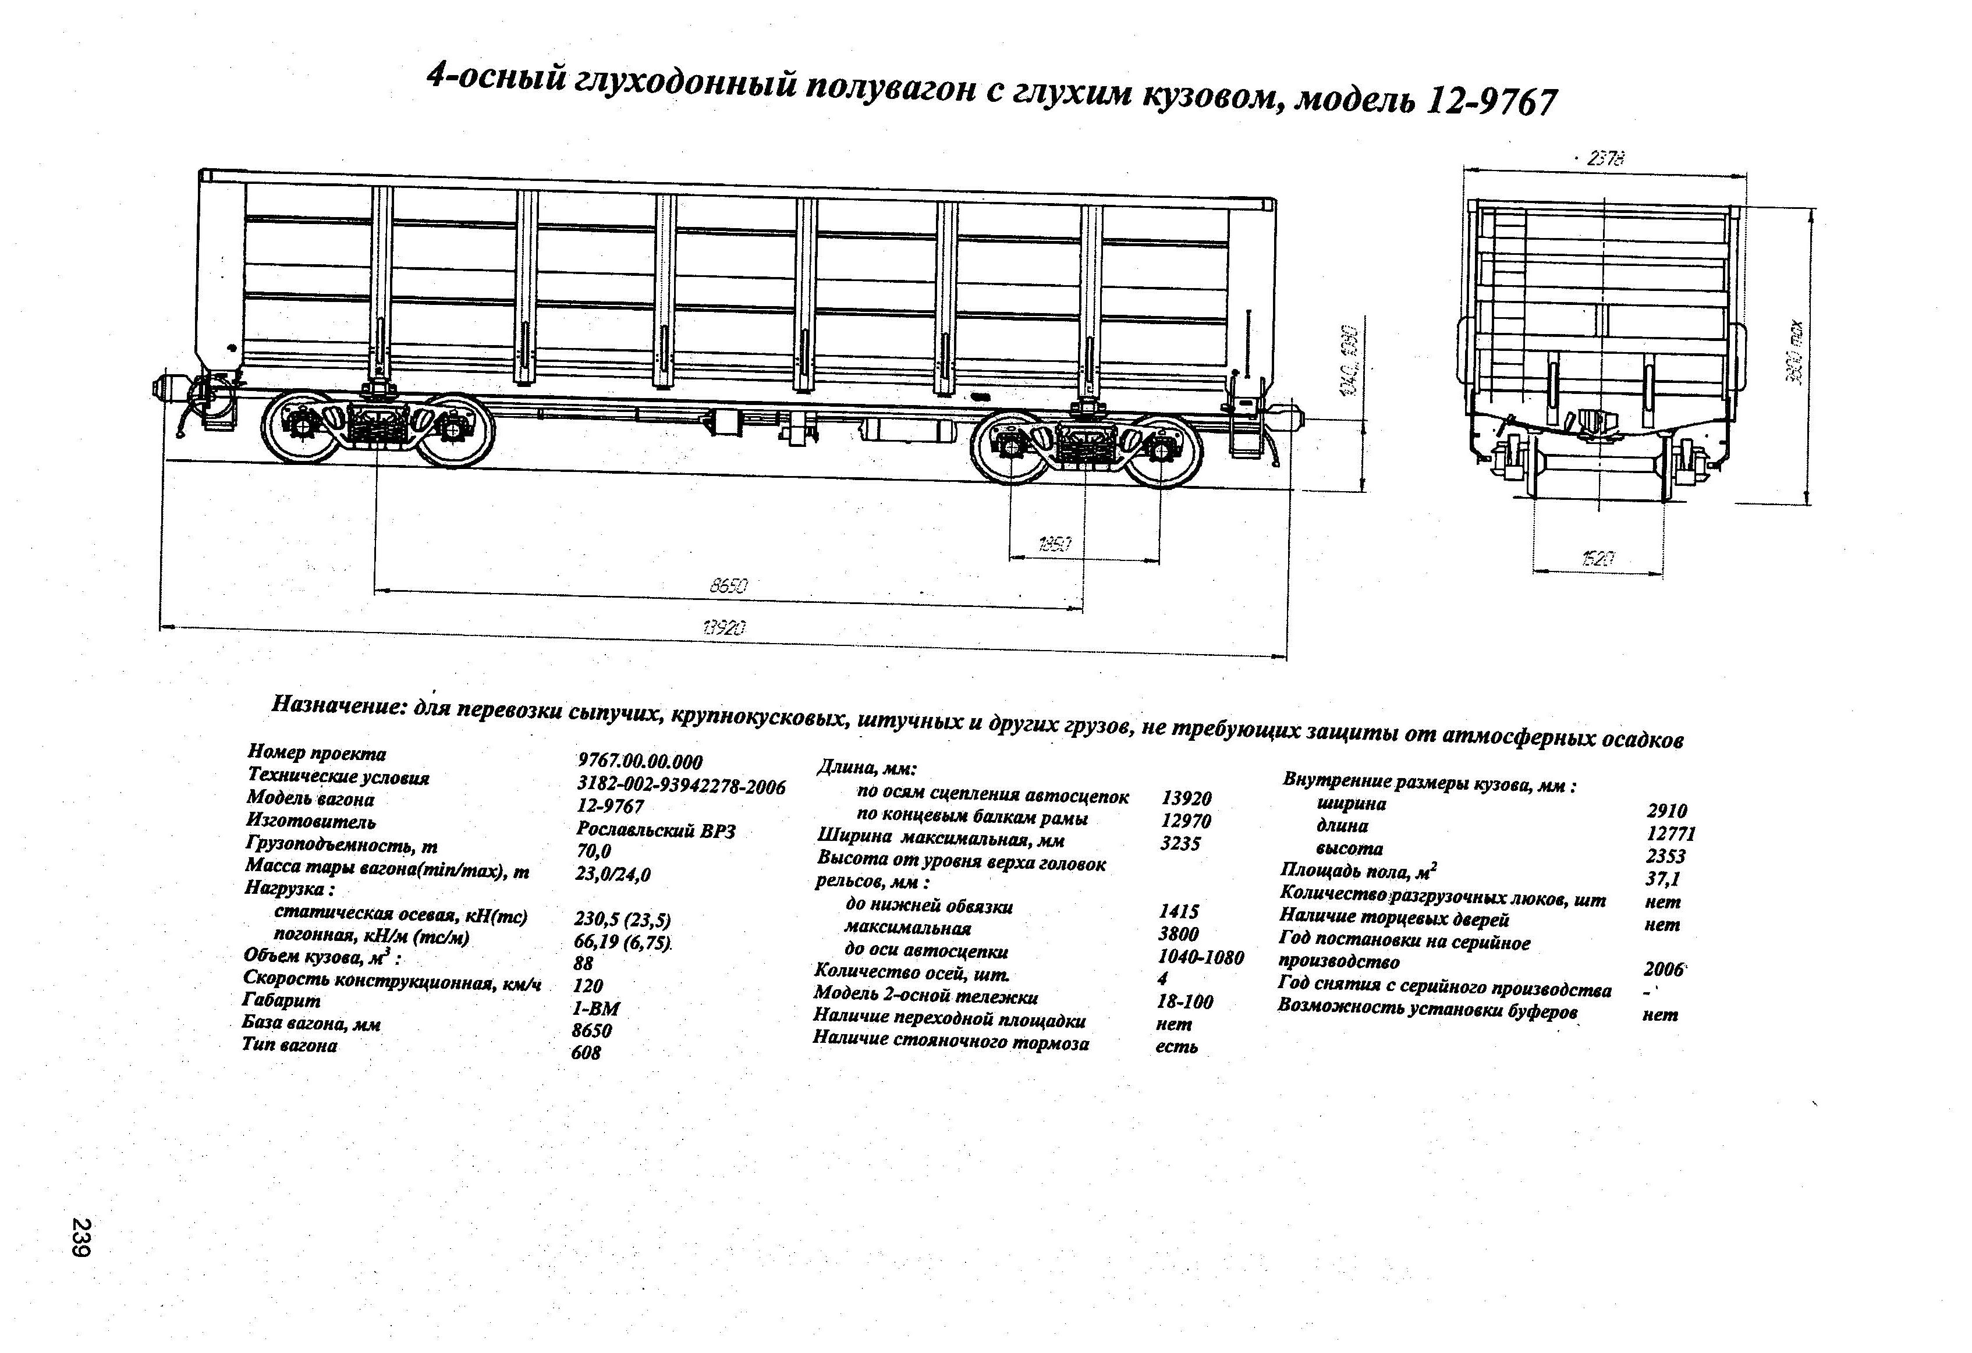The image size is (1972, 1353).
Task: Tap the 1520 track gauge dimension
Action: point(1597,558)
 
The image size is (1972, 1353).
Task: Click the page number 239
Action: point(82,1238)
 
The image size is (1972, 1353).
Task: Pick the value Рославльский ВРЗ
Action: point(655,830)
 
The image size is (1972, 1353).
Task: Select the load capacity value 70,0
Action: point(593,851)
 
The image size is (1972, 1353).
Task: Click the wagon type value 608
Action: point(586,1053)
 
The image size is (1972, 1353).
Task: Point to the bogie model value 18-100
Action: point(1184,1002)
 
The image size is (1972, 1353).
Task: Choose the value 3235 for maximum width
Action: point(1180,844)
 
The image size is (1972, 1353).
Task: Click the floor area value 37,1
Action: point(1663,879)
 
